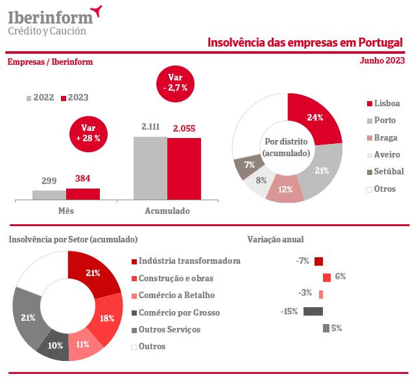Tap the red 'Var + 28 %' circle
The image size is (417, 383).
[86, 133]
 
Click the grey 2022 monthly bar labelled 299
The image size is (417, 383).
[49, 194]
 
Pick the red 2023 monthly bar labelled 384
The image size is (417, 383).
[83, 193]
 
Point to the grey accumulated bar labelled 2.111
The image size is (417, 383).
[150, 168]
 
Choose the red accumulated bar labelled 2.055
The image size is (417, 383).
[184, 168]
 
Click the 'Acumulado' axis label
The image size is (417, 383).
[167, 211]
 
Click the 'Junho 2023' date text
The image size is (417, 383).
[382, 60]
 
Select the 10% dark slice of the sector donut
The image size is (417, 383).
[54, 344]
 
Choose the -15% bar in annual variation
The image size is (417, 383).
[313, 311]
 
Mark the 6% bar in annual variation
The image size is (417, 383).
[327, 277]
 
